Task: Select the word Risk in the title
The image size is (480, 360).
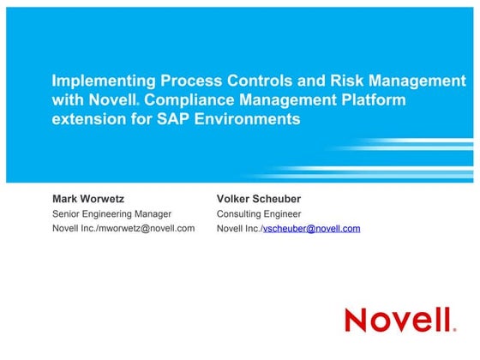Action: [x=343, y=81]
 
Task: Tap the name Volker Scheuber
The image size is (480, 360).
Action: [x=259, y=199]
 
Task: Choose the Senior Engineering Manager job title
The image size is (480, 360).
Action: [x=112, y=213]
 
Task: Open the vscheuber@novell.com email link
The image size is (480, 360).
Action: [x=311, y=229]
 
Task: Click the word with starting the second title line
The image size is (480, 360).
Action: [x=68, y=100]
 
